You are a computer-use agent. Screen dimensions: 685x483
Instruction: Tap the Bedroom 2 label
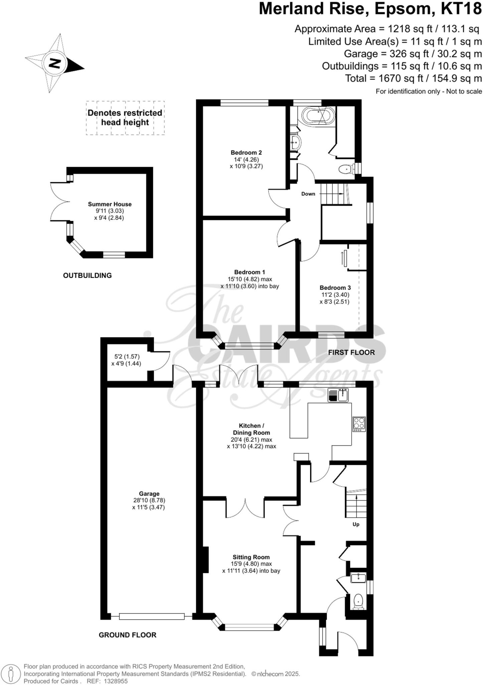coord(246,153)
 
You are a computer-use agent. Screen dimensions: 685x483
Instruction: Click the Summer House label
coord(110,204)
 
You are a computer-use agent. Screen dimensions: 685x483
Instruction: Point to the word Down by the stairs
coord(308,194)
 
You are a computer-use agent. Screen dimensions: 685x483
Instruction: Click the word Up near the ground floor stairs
coord(356,524)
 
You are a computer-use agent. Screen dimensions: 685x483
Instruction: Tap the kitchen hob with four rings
coord(359,424)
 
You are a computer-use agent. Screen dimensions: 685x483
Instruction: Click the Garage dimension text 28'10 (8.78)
coord(149,500)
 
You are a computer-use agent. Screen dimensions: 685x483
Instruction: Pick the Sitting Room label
coord(251,557)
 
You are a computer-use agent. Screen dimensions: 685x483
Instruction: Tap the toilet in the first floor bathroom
coord(345,170)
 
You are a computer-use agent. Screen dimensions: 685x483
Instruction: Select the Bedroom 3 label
coord(335,288)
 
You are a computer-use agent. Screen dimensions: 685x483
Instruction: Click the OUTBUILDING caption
coord(87,275)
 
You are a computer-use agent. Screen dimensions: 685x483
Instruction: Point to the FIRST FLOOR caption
coord(351,352)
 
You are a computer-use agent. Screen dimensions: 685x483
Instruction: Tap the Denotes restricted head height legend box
coord(125,118)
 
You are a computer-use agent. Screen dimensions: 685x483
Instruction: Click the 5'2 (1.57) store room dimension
coord(127,357)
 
